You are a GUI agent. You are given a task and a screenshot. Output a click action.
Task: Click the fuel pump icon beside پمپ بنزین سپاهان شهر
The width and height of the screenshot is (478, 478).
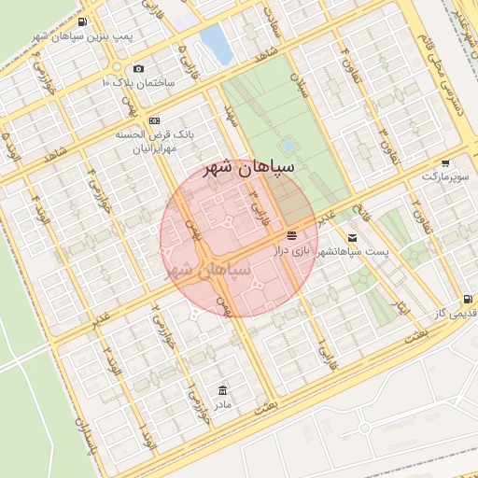click(x=82, y=22)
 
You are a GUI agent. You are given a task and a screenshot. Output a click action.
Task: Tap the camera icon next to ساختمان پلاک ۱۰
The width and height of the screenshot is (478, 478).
click(x=138, y=68)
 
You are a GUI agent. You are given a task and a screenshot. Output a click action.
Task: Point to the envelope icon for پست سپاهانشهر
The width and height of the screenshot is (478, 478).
click(x=352, y=238)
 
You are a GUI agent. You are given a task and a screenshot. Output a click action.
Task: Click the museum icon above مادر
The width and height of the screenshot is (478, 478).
click(x=222, y=389)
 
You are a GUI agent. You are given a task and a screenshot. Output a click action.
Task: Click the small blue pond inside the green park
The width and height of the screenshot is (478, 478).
click(x=288, y=146)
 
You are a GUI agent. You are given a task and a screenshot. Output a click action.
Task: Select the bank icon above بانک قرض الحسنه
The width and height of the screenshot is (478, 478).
click(x=154, y=120)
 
